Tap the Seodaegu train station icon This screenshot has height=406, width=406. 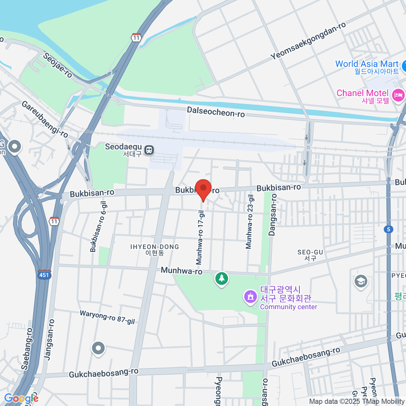149,150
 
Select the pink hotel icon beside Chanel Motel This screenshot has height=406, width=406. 398,95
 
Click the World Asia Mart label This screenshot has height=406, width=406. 367,64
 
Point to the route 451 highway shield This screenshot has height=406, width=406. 44,274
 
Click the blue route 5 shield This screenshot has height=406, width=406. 388,229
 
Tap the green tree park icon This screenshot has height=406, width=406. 222,279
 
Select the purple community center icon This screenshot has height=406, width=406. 250,297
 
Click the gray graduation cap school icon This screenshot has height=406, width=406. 361,281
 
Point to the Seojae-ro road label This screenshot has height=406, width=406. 58,65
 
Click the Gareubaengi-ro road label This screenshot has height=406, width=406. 45,119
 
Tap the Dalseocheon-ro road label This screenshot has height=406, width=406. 216,112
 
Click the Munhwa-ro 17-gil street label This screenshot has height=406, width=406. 201,238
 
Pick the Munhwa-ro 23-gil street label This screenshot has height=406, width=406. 250,222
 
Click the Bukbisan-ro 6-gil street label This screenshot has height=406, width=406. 98,227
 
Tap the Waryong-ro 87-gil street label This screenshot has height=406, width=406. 107,317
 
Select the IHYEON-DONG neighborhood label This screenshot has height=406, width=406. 155,250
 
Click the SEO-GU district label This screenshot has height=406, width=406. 310,255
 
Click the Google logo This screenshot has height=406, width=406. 21,399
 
